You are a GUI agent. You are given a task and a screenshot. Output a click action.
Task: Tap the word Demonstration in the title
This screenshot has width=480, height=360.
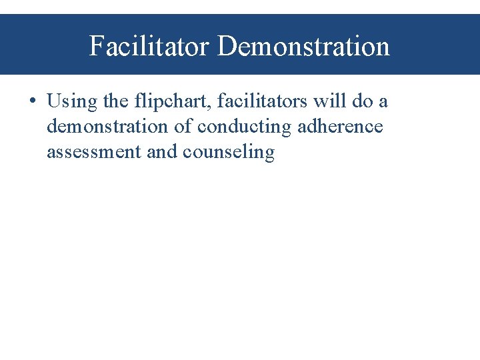click(304, 46)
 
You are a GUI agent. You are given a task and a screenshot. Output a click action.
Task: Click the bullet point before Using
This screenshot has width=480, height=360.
click(32, 102)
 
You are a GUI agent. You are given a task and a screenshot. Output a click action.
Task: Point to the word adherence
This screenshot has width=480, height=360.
click(340, 127)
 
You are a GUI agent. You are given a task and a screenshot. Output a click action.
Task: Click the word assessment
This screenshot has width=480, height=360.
click(93, 152)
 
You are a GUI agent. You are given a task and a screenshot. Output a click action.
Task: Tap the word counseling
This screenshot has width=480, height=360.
click(229, 153)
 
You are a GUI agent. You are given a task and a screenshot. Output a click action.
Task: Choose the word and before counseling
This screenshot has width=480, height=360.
click(161, 152)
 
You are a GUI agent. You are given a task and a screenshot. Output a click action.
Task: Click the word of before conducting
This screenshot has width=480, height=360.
click(183, 127)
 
